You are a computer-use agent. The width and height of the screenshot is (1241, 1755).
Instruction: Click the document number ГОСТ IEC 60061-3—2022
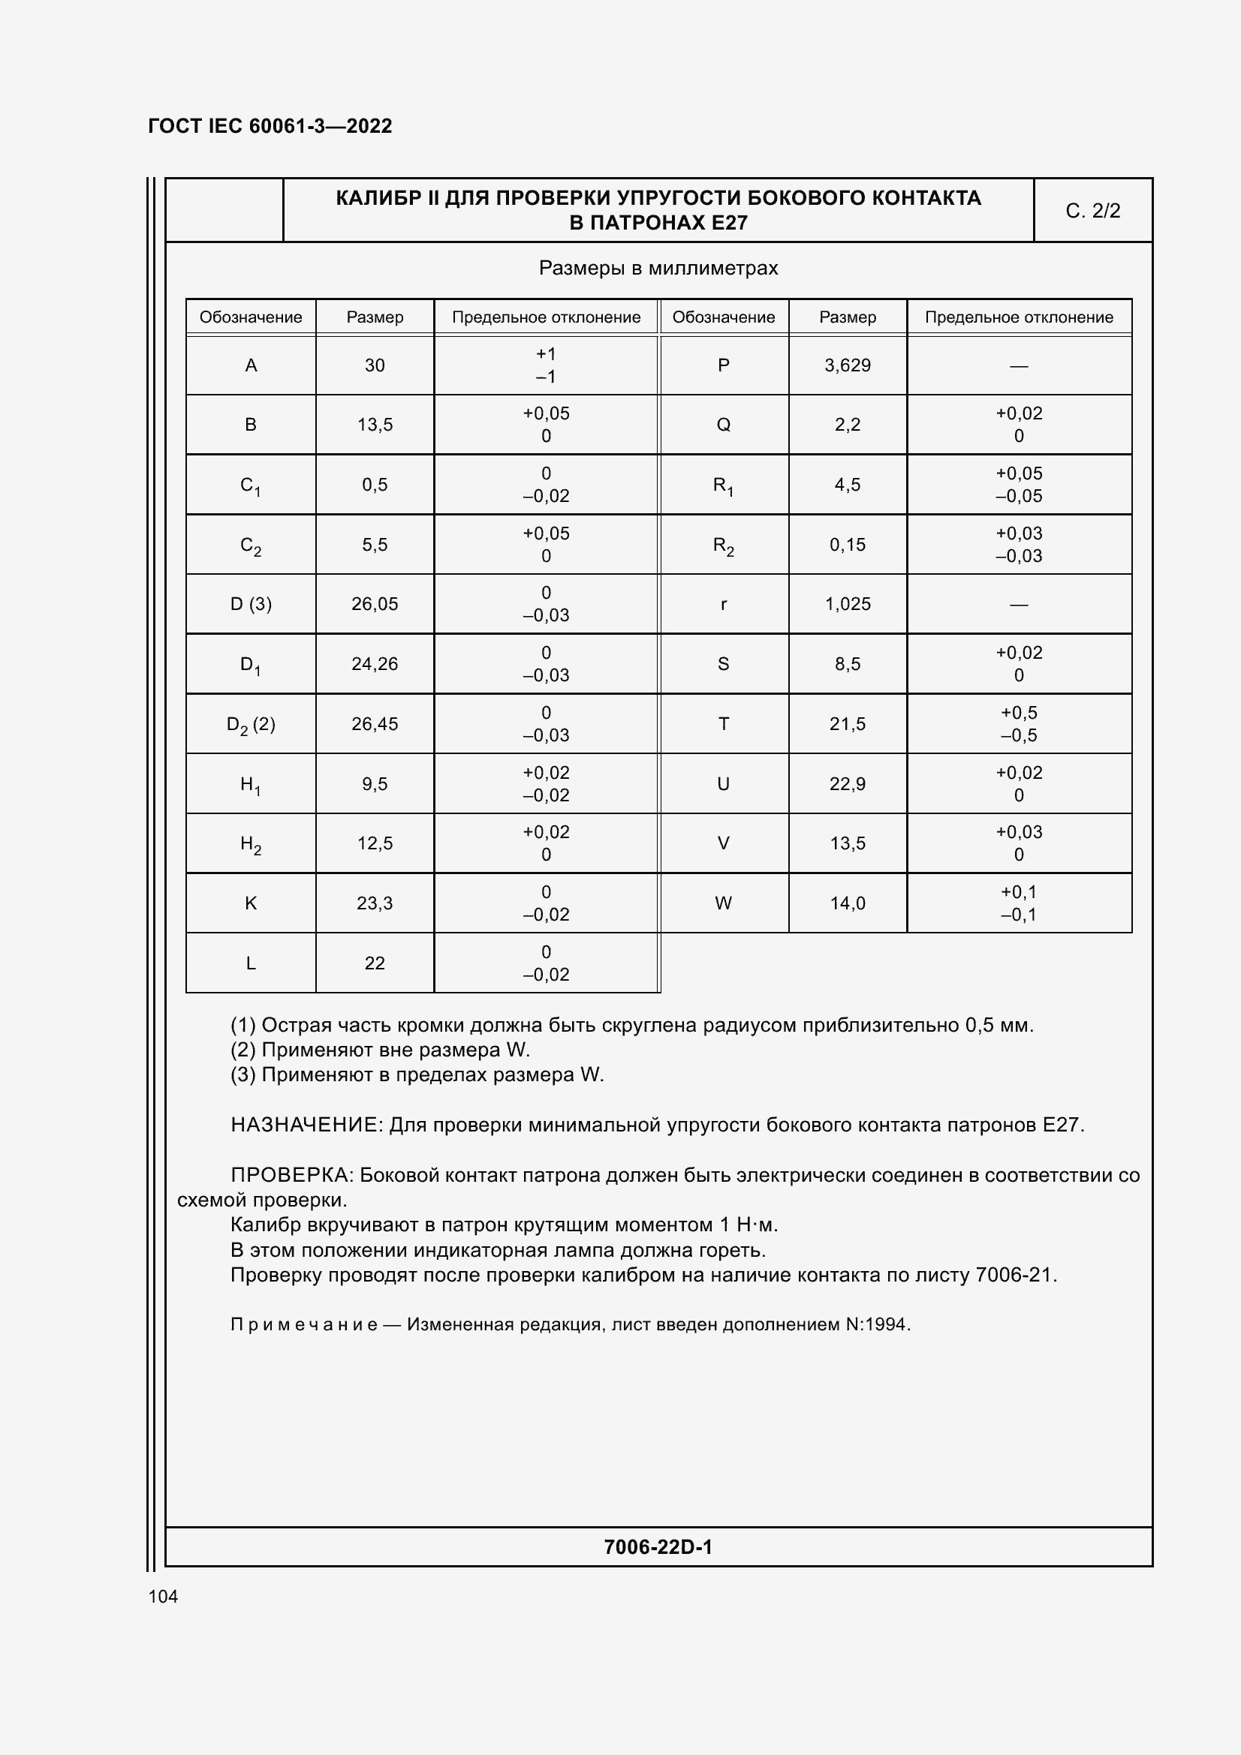pyautogui.click(x=270, y=126)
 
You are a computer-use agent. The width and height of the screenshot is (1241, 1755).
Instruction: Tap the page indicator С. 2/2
pyautogui.click(x=1092, y=211)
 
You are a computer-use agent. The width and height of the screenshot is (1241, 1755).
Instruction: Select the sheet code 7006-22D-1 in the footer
pyautogui.click(x=658, y=1547)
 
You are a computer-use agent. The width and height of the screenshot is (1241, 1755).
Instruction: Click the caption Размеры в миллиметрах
pyautogui.click(x=658, y=269)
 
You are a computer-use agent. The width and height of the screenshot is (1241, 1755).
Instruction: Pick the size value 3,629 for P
pyautogui.click(x=847, y=365)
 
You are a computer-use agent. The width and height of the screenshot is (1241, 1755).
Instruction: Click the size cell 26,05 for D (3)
pyautogui.click(x=375, y=604)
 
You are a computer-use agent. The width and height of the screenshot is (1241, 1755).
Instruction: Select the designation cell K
pyautogui.click(x=251, y=903)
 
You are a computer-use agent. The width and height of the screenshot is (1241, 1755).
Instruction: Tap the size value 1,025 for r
pyautogui.click(x=847, y=604)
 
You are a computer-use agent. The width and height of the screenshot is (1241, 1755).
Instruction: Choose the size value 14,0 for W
pyautogui.click(x=847, y=903)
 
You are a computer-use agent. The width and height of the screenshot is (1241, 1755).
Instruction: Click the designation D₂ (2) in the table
pyautogui.click(x=251, y=725)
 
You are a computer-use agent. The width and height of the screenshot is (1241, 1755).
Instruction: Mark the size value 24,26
pyautogui.click(x=375, y=664)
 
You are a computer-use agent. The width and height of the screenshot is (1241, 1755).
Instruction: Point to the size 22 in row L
pyautogui.click(x=375, y=963)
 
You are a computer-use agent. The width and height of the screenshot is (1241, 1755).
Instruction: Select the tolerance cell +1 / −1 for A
pyautogui.click(x=546, y=365)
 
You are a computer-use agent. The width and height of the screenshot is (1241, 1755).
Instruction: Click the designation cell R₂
pyautogui.click(x=723, y=545)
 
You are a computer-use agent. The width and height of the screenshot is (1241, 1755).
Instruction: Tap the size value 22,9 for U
pyautogui.click(x=847, y=784)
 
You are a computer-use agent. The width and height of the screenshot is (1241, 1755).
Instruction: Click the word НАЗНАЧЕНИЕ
pyautogui.click(x=304, y=1125)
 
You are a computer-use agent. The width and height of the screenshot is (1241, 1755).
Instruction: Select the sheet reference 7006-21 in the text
pyautogui.click(x=1015, y=1275)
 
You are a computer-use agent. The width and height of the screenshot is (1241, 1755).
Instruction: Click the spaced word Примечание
pyautogui.click(x=303, y=1324)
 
